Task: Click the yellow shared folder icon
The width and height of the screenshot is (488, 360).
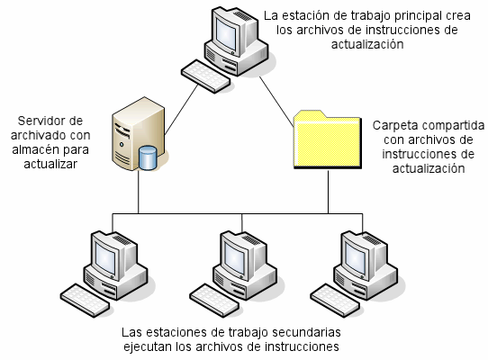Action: point(328,139)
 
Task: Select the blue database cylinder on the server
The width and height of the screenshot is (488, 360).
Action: point(148,157)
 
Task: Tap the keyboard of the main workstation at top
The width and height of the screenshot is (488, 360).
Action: point(205,76)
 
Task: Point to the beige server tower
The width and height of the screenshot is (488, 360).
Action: point(138,133)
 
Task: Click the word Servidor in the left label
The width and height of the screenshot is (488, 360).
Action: point(50,121)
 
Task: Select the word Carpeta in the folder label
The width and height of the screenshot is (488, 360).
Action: point(393,126)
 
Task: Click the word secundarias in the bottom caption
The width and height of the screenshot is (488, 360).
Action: point(306,332)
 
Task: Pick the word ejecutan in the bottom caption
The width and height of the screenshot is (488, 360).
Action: point(148,346)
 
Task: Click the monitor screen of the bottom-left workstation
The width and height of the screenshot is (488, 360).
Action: point(105,258)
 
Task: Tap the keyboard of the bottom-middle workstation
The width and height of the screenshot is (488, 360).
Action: point(214,301)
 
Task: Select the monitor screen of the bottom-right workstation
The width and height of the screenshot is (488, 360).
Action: point(356,258)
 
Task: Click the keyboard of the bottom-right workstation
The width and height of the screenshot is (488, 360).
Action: point(335,301)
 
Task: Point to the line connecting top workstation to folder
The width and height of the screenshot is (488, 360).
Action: point(276,102)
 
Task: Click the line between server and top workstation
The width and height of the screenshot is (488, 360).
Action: point(181,110)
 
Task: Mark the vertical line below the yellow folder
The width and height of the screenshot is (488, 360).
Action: point(328,192)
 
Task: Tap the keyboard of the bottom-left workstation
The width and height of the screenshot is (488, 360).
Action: point(85,301)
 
